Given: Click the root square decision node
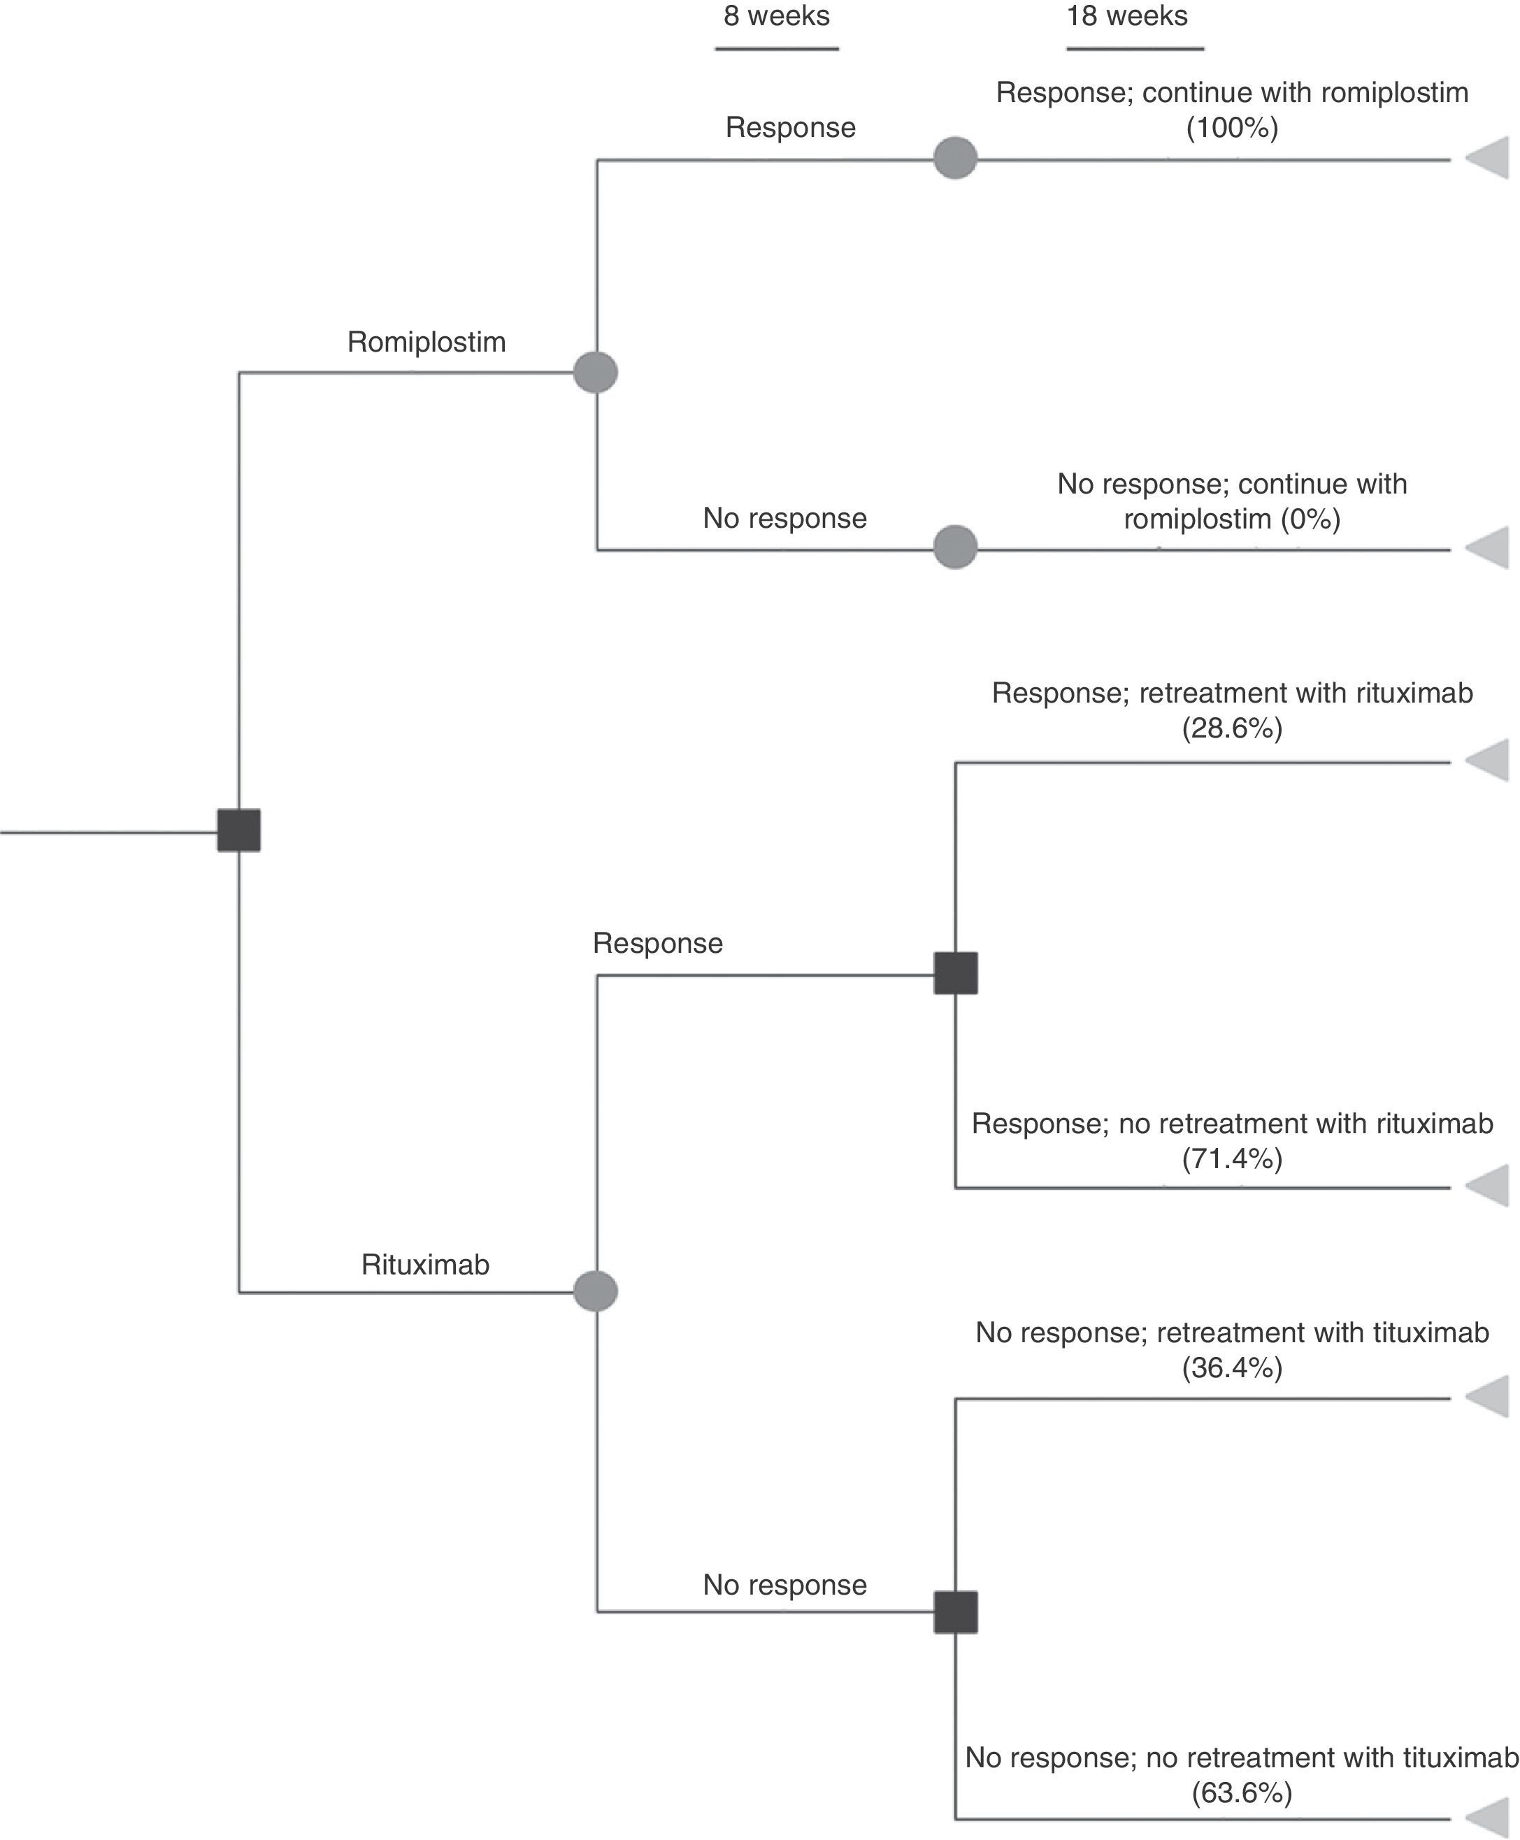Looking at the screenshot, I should (x=238, y=830).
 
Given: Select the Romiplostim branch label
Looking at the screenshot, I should (x=426, y=341).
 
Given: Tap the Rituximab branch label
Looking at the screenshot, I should (x=426, y=1264).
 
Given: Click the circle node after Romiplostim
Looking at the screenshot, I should (x=596, y=373).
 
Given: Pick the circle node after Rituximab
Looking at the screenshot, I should (x=596, y=1292).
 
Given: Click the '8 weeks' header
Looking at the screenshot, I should (x=777, y=17).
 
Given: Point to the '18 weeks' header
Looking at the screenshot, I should (x=1127, y=17).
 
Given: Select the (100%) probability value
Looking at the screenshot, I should (x=1232, y=129).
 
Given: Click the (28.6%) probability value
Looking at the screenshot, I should (x=1232, y=728).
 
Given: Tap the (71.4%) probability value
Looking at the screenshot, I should (x=1232, y=1158).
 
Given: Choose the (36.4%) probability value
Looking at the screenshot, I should (x=1232, y=1367).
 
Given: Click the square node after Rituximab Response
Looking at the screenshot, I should (x=955, y=973).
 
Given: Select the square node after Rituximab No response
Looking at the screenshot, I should (x=955, y=1611).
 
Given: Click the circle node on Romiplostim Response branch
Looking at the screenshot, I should (x=955, y=159).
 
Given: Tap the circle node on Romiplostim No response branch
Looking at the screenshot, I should (x=955, y=547).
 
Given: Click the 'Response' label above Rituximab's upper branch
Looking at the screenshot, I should (x=657, y=943).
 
